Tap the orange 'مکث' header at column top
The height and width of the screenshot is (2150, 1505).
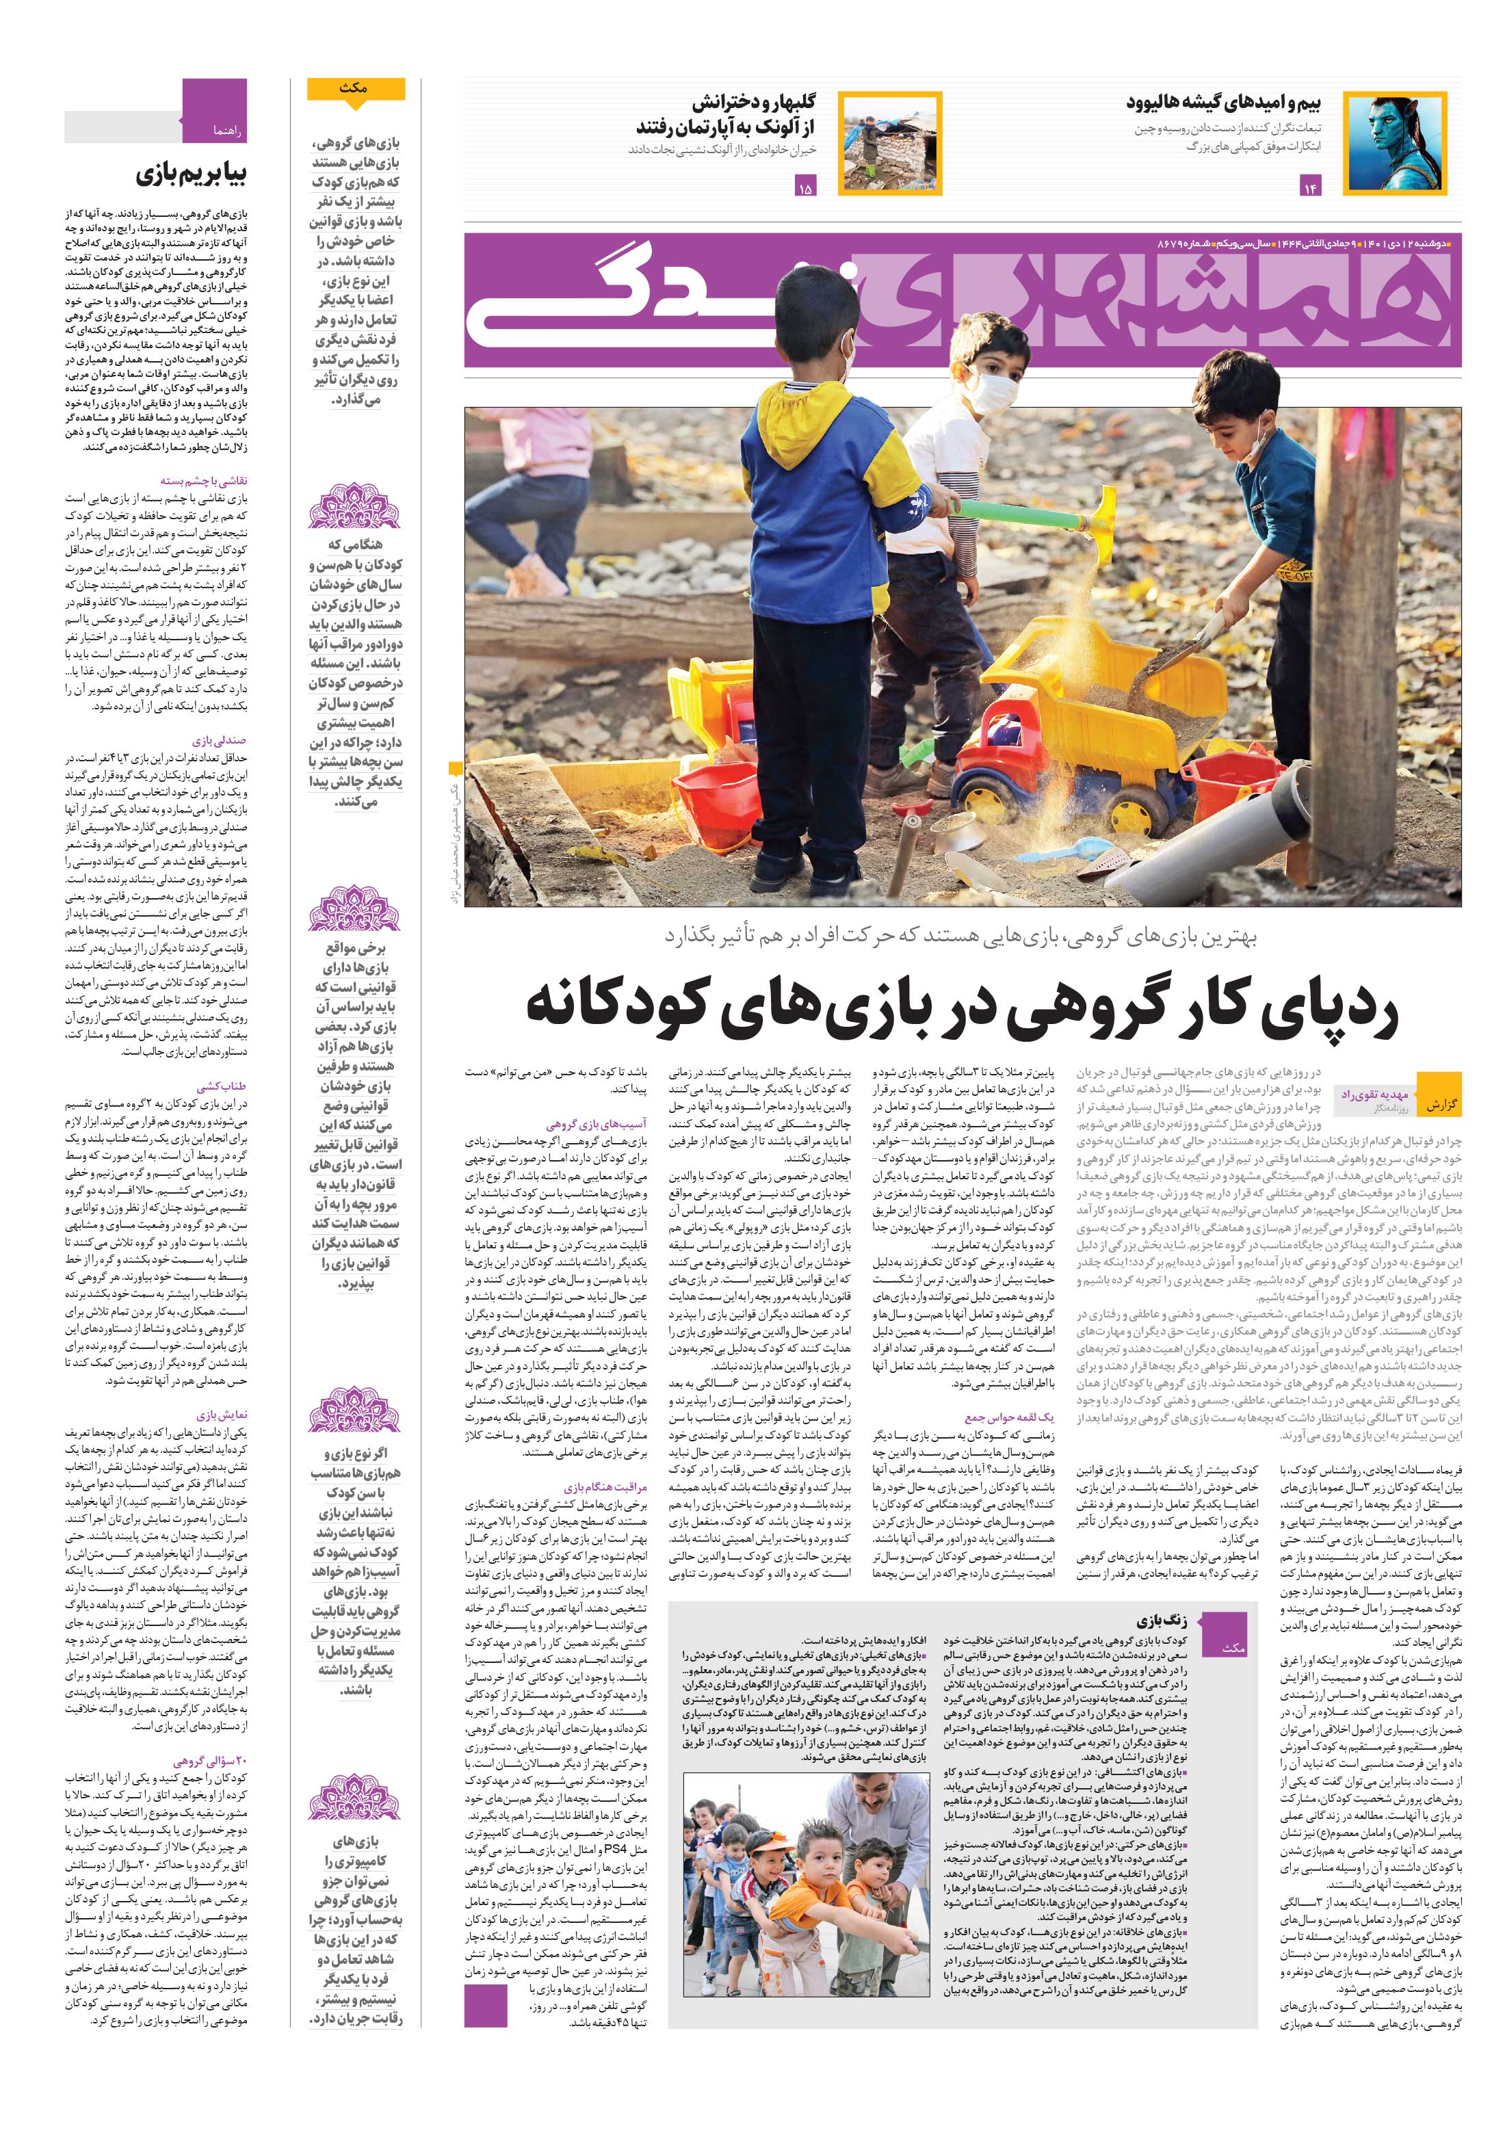pyautogui.click(x=356, y=89)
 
